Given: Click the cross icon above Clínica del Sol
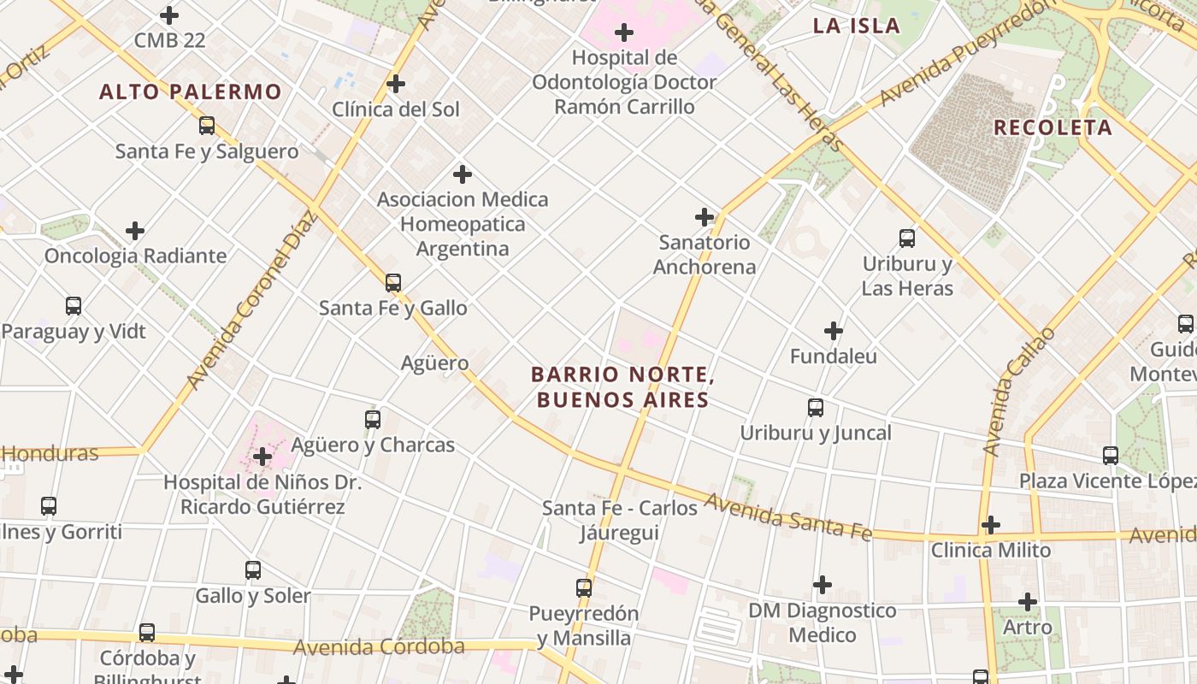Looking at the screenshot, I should (x=395, y=84).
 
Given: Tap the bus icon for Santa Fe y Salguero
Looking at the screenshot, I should (x=207, y=126).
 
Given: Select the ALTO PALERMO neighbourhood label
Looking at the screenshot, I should (x=190, y=91).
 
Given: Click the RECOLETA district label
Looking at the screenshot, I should (x=1053, y=127).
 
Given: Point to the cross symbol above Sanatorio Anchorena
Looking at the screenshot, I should (x=705, y=217).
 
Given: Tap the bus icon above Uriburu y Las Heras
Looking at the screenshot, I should (x=907, y=239).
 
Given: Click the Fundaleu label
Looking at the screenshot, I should (x=834, y=356).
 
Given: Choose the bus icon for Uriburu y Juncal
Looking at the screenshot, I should (x=816, y=408).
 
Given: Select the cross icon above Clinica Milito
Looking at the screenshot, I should (x=990, y=524).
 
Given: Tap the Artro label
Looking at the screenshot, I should (x=1027, y=628).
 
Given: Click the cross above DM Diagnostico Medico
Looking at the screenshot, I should (x=822, y=585).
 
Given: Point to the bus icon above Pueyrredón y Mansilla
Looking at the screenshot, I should (x=584, y=588).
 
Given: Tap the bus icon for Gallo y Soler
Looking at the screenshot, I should (x=253, y=570).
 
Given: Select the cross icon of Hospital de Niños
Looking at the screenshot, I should (x=262, y=457).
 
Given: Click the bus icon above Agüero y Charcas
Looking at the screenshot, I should (x=373, y=420).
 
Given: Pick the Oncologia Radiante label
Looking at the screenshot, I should (x=135, y=256).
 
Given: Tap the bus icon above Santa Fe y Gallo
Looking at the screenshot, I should (x=393, y=283).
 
